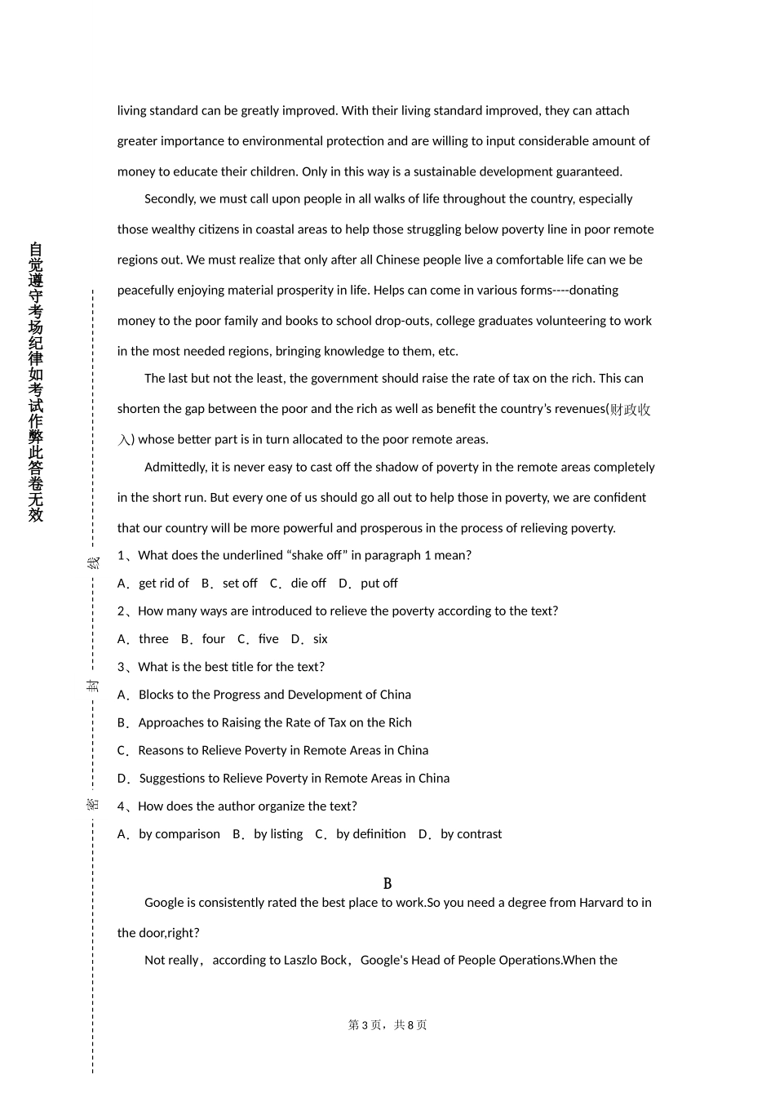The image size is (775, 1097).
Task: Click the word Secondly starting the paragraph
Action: (x=170, y=199)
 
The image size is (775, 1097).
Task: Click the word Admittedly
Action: (x=175, y=468)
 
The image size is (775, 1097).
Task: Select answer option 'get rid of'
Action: (x=163, y=584)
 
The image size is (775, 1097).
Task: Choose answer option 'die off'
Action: (x=308, y=584)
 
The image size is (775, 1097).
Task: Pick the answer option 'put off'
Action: (x=379, y=584)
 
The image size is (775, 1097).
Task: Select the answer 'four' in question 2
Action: (x=213, y=639)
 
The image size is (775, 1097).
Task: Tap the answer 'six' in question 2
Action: (x=320, y=639)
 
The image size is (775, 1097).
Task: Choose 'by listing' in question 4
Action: (x=277, y=834)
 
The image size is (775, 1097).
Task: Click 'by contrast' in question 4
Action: (x=471, y=834)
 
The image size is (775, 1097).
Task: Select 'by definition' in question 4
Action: (x=370, y=834)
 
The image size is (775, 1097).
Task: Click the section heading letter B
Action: (x=387, y=884)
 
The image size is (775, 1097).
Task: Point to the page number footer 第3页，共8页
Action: (x=387, y=1025)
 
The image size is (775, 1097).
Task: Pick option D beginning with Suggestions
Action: (x=294, y=779)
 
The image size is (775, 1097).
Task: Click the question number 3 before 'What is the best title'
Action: (x=122, y=668)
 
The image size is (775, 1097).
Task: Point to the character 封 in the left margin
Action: (x=93, y=686)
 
